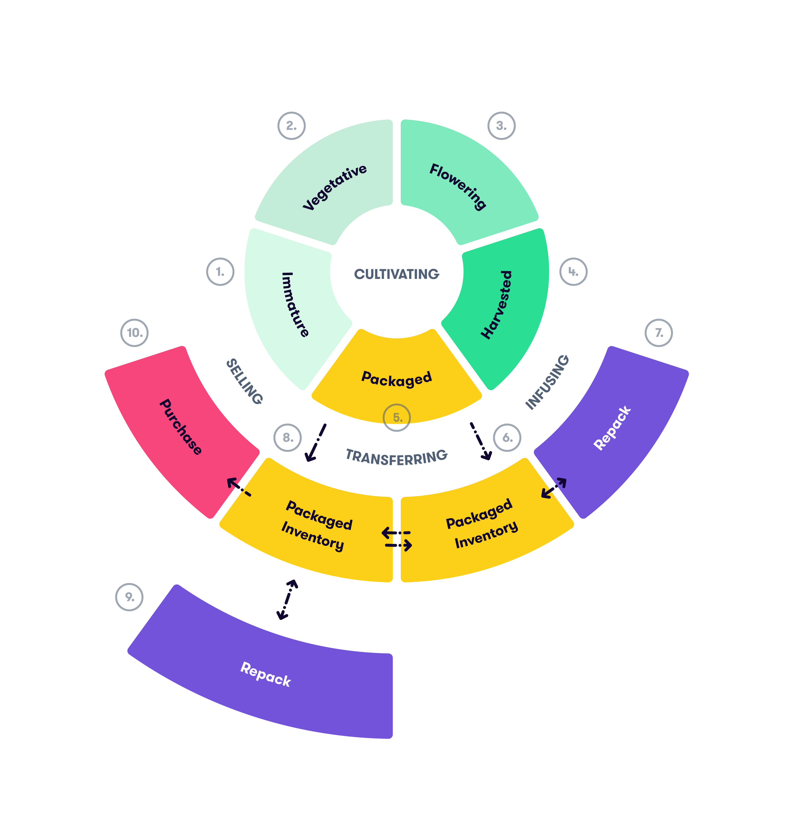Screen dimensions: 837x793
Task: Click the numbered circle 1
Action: pos(220,272)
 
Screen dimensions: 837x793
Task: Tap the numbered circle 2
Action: pos(291,126)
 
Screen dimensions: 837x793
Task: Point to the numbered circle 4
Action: pos(573,272)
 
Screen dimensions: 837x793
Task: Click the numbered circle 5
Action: pos(396,418)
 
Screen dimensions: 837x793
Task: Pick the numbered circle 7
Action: pos(659,333)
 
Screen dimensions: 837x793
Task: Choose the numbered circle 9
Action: pos(129,597)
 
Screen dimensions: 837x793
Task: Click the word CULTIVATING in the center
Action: pos(396,274)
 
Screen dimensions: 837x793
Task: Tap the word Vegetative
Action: pos(335,187)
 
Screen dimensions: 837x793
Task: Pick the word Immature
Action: pos(295,304)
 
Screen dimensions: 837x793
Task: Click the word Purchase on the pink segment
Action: pos(180,427)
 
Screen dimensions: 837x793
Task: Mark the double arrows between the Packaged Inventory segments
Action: pos(396,539)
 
